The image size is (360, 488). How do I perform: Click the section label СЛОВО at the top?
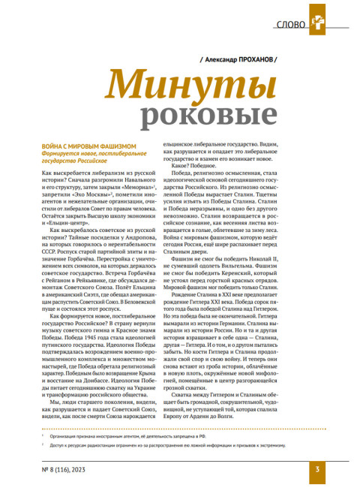point(291,23)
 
